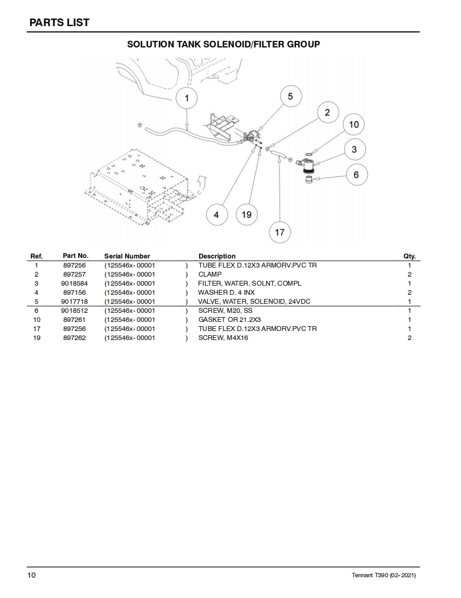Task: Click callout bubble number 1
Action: pyautogui.click(x=187, y=98)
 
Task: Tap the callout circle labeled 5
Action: pyautogui.click(x=290, y=96)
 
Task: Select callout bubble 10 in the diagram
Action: pyautogui.click(x=354, y=125)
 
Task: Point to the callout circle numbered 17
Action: pyautogui.click(x=280, y=232)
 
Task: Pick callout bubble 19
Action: pyautogui.click(x=246, y=214)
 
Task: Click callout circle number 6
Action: pyautogui.click(x=356, y=175)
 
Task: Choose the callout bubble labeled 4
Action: pyautogui.click(x=216, y=215)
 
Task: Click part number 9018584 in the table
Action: pyautogui.click(x=74, y=284)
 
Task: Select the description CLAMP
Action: pyautogui.click(x=210, y=274)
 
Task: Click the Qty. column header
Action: pyautogui.click(x=409, y=256)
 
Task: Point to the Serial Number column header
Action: pyautogui.click(x=127, y=256)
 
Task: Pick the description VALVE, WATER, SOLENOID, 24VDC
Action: pyautogui.click(x=246, y=302)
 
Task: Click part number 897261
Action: pyautogui.click(x=74, y=320)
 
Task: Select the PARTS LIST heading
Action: pyautogui.click(x=59, y=22)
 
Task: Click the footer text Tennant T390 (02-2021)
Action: pyautogui.click(x=384, y=576)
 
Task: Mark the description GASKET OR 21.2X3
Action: pyautogui.click(x=229, y=320)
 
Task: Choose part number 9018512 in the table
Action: pyautogui.click(x=74, y=311)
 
